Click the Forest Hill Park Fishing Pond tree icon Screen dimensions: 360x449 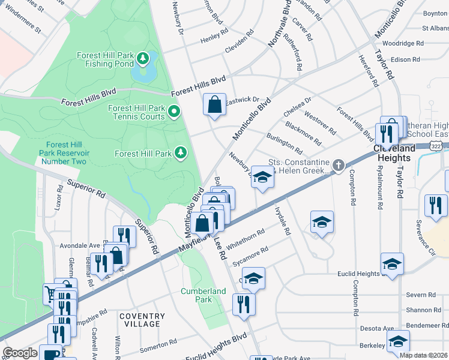(x=143, y=58)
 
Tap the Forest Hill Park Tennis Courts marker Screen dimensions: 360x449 (x=174, y=112)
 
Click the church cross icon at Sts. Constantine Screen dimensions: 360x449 (x=339, y=166)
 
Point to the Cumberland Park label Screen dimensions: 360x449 (x=203, y=295)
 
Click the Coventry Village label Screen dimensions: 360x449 (x=142, y=320)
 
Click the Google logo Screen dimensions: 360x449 (x=20, y=352)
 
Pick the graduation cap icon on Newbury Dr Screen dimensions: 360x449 (x=262, y=177)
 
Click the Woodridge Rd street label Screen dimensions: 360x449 (x=403, y=44)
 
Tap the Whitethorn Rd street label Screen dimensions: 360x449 (x=246, y=237)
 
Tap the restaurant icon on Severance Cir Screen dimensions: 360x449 (x=436, y=205)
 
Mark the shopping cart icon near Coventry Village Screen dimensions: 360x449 (x=51, y=294)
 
